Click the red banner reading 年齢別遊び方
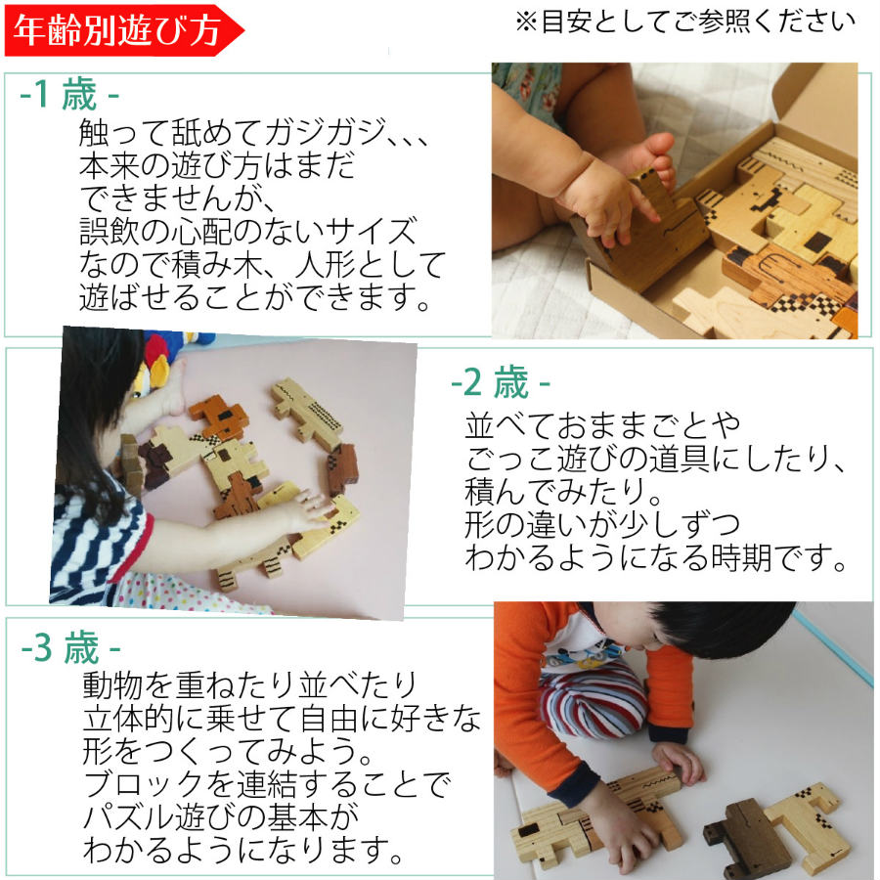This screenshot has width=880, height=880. point(120,29)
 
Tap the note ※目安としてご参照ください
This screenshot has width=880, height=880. point(685,22)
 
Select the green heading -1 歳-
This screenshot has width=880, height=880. point(69,95)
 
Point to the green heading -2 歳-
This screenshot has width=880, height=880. point(501,382)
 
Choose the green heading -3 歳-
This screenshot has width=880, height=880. point(70,647)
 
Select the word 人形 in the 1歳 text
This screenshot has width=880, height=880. point(326,264)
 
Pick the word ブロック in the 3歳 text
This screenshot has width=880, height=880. point(142,784)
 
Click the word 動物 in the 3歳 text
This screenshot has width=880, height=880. point(114,684)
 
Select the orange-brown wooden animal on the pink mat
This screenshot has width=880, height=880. point(220,416)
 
